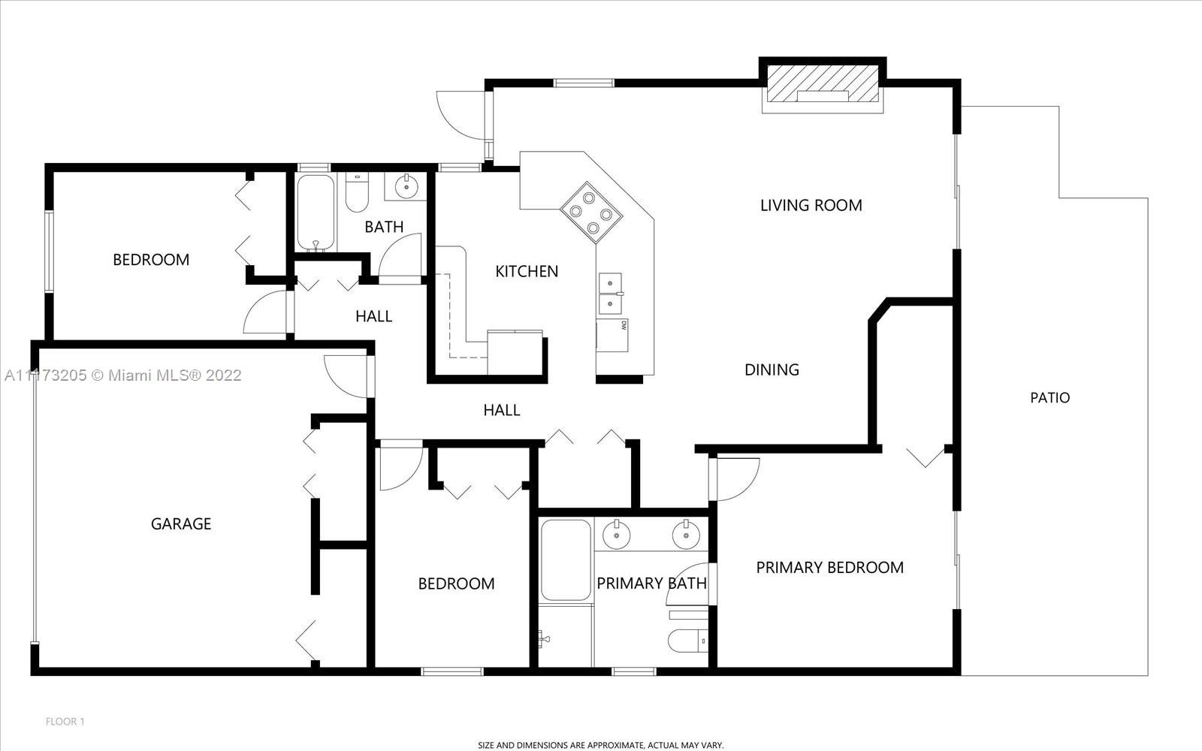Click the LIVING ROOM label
(811, 205)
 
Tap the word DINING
(772, 369)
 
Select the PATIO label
(1049, 397)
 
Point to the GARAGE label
(181, 523)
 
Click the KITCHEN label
(527, 271)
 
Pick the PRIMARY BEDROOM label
(829, 568)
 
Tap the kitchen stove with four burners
(590, 213)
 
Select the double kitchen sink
(610, 294)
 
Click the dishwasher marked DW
(612, 335)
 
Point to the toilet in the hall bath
(357, 192)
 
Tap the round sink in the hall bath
(406, 186)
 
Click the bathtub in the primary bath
(566, 560)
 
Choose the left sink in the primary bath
(616, 534)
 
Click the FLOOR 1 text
(65, 722)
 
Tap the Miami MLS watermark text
(123, 375)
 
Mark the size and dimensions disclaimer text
(601, 745)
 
